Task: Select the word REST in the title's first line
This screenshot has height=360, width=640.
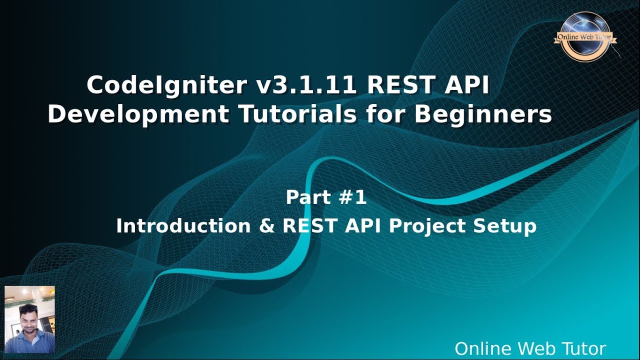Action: (x=400, y=86)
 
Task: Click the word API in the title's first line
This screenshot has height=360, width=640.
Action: (x=467, y=86)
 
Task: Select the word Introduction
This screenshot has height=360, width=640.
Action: (x=183, y=226)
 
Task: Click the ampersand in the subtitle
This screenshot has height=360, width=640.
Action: (x=267, y=226)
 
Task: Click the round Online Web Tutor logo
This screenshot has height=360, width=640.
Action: (x=584, y=36)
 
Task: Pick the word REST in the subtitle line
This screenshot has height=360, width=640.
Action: (x=310, y=226)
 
